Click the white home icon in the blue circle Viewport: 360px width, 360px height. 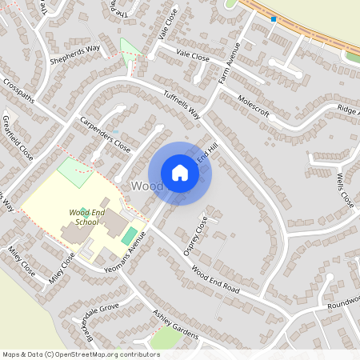(x=180, y=173)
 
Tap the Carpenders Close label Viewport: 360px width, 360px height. (x=104, y=134)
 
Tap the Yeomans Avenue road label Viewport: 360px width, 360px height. (x=124, y=254)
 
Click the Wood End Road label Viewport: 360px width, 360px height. (x=210, y=280)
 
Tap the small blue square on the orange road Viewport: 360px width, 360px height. (x=274, y=18)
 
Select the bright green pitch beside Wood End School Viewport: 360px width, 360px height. (x=129, y=236)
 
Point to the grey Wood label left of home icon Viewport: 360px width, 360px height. (x=146, y=186)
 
